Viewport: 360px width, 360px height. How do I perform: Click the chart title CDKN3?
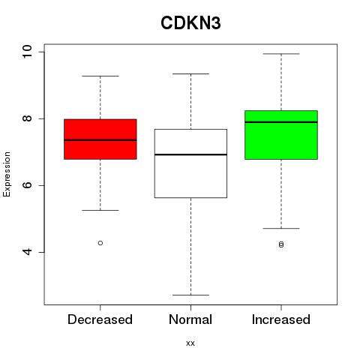click(x=190, y=23)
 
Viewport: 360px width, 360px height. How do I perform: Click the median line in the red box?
click(x=100, y=140)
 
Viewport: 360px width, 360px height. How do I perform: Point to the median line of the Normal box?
click(x=190, y=154)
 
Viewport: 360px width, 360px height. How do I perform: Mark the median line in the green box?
click(x=281, y=122)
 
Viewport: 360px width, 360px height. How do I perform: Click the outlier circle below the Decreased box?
click(x=100, y=243)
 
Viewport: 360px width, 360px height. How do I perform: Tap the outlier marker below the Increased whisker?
click(x=281, y=244)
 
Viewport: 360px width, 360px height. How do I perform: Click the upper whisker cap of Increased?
click(x=281, y=54)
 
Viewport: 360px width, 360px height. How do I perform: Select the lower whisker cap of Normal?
click(x=190, y=295)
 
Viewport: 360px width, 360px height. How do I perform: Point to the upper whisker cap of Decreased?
click(x=100, y=76)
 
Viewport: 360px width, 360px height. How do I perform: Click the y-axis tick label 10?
click(x=27, y=52)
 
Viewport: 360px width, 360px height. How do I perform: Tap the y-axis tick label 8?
click(x=27, y=118)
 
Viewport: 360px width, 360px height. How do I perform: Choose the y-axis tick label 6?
click(x=27, y=185)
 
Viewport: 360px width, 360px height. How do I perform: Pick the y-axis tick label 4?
click(x=27, y=252)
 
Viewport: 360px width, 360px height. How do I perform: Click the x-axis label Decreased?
click(x=100, y=319)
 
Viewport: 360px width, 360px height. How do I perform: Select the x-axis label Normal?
click(x=190, y=319)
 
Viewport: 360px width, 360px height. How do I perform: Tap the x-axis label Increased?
click(x=281, y=319)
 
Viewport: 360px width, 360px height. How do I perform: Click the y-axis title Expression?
click(x=7, y=174)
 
